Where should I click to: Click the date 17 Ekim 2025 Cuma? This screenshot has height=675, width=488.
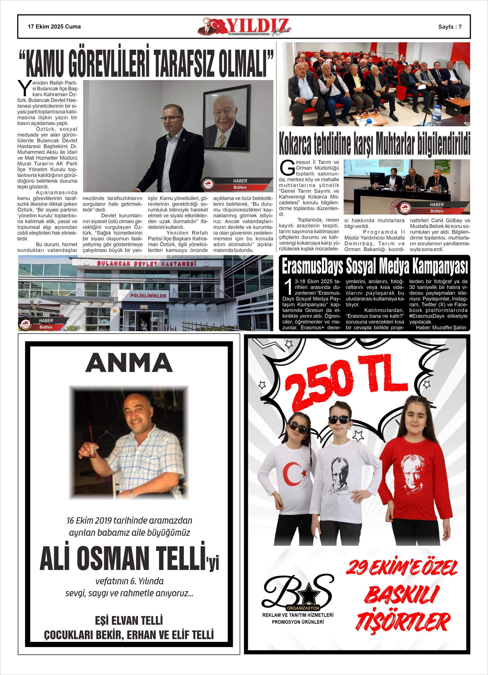54,27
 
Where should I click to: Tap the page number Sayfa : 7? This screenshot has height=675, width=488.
449,27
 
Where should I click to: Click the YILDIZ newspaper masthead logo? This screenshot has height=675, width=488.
244,27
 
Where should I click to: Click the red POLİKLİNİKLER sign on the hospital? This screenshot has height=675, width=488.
148,295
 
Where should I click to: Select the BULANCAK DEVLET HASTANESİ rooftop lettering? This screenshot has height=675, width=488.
146,264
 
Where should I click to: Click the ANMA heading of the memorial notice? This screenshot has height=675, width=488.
129,363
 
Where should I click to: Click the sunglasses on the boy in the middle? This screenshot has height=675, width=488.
339,420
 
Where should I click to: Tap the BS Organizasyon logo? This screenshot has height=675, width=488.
298,592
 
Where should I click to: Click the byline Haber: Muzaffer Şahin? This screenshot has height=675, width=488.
441,327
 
